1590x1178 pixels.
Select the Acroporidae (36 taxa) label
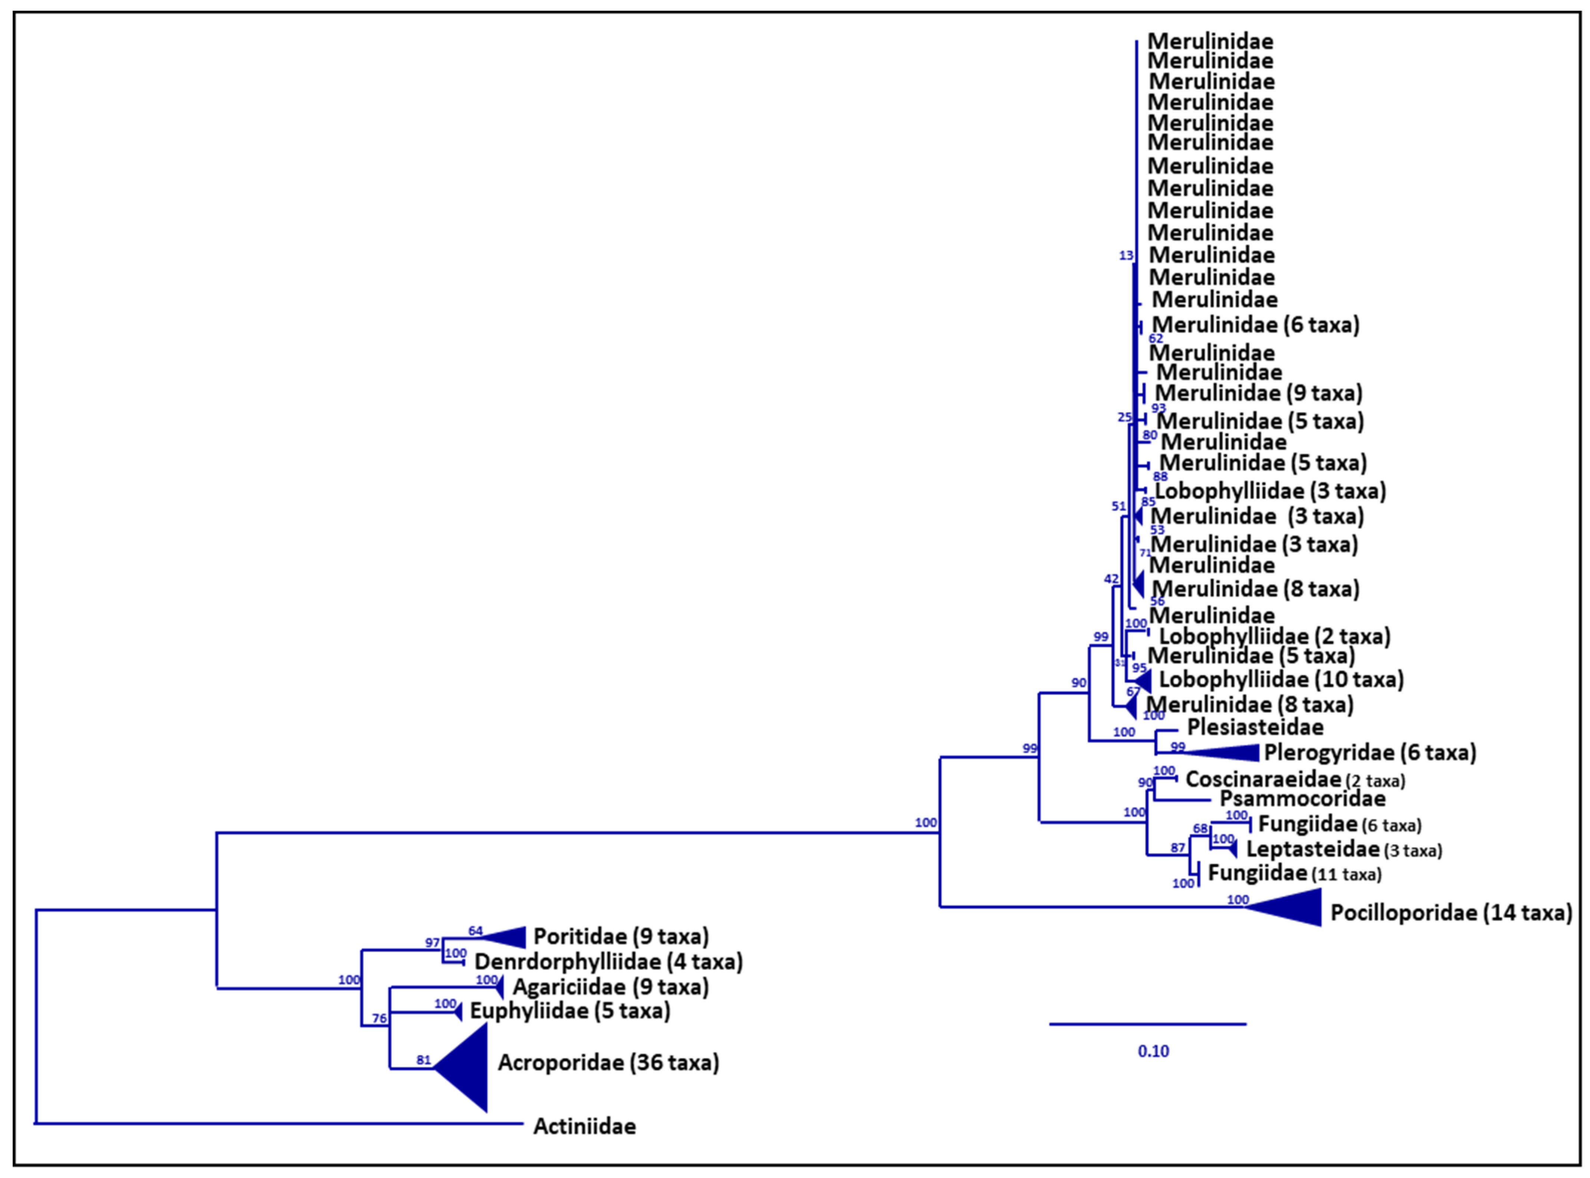pos(608,1062)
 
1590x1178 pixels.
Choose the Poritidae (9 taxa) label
pos(621,936)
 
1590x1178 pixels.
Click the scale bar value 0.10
pos(1153,1051)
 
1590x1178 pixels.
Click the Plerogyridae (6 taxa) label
pos(1370,752)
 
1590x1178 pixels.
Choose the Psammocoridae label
pos(1302,799)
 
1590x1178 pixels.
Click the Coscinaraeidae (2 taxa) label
pos(1295,780)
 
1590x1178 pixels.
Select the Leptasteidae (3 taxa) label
pos(1343,850)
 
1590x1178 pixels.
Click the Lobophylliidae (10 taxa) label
pos(1280,680)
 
